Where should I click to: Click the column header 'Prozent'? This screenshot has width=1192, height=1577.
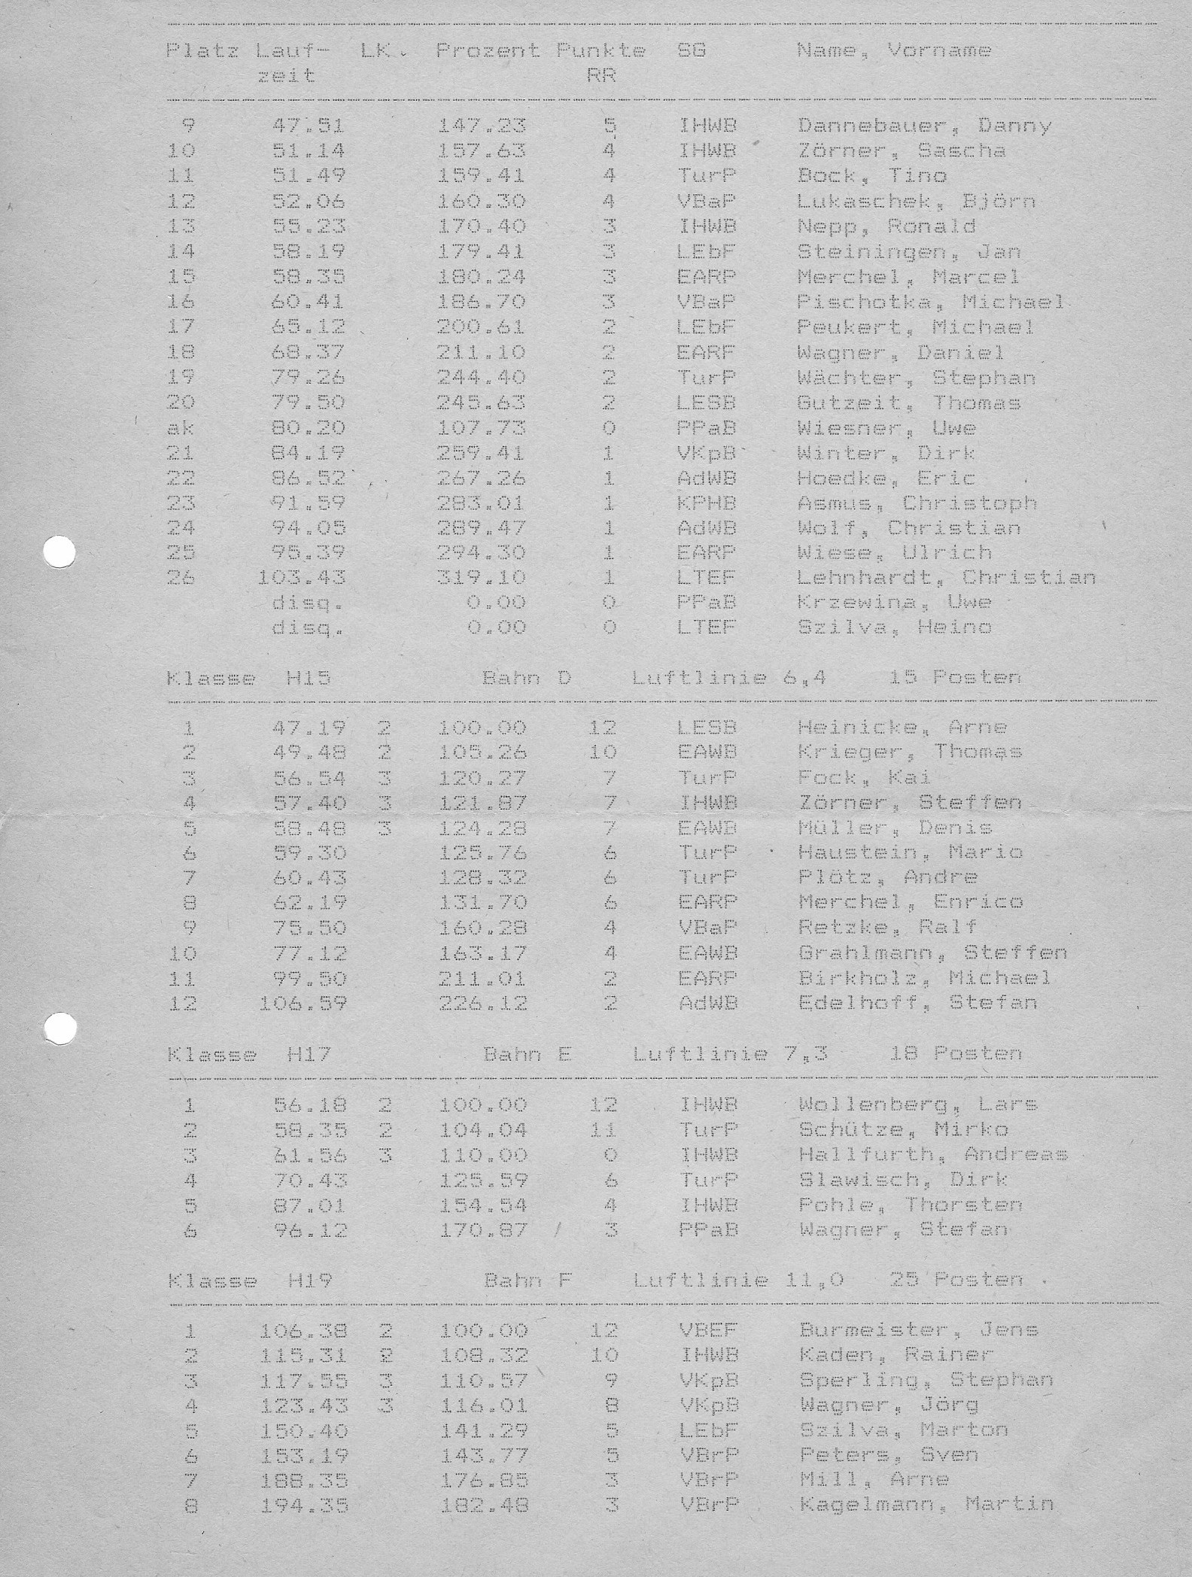coord(488,51)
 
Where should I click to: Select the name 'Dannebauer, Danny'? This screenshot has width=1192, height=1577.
coord(924,126)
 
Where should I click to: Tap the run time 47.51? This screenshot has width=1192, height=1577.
coord(308,126)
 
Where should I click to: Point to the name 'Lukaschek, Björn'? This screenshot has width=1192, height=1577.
coord(916,201)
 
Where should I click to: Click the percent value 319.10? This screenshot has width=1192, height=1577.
coord(482,578)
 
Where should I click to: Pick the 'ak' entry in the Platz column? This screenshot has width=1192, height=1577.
coord(181,427)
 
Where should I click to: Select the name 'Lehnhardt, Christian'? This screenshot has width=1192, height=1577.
coord(946,578)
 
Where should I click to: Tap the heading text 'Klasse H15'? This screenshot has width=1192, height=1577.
coord(248,678)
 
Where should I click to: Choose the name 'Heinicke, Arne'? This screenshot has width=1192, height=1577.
coord(902,728)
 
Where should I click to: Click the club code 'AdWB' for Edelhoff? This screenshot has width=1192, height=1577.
coord(707,1003)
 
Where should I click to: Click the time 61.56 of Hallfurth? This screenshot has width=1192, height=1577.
coord(309,1155)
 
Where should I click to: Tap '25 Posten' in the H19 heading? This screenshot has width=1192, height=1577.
coord(956,1280)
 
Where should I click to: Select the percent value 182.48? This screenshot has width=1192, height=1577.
coord(484,1506)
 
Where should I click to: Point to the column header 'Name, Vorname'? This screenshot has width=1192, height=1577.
coord(893,51)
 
